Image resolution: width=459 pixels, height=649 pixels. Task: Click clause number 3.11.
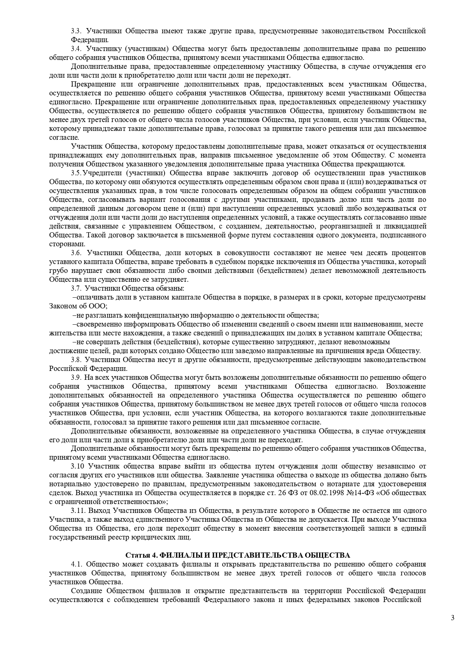(78, 511)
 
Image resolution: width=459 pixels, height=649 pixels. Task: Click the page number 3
(453, 618)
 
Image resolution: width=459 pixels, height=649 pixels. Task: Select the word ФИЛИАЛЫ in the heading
(178, 555)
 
